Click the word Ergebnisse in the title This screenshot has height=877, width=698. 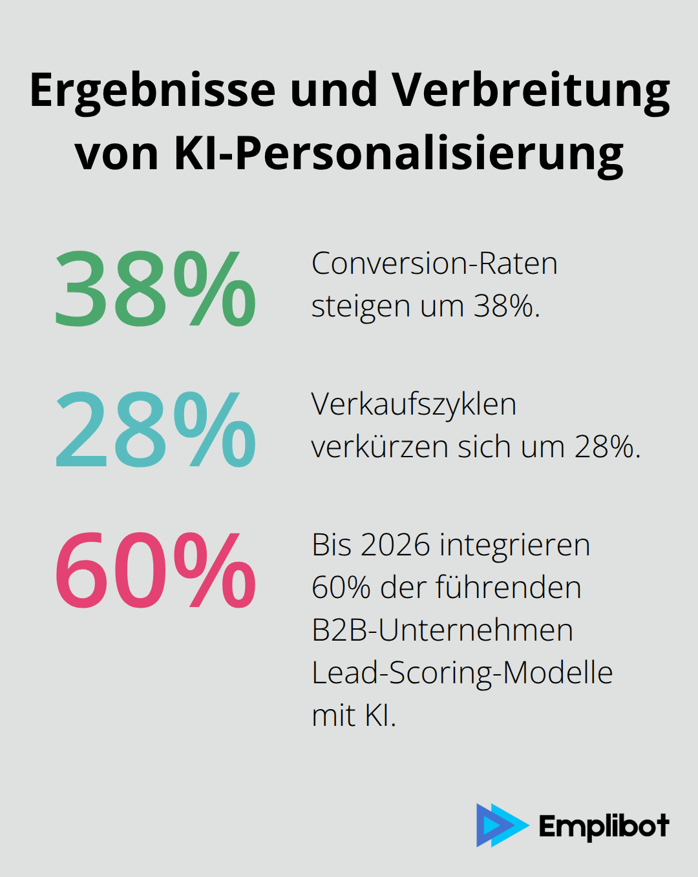(153, 90)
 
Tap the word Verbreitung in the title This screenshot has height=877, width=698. (531, 90)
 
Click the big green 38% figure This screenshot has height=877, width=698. (155, 289)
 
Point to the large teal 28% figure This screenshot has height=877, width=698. (155, 429)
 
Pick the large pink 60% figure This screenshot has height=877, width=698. (155, 570)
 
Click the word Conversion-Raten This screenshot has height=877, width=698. (434, 263)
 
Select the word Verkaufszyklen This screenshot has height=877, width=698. (414, 404)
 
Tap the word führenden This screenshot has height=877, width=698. (508, 588)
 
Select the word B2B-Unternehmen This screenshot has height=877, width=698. (442, 630)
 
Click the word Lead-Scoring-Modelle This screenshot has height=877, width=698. (462, 673)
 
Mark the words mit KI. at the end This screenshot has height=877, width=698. (354, 716)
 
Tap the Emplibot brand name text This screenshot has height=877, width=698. (604, 827)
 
